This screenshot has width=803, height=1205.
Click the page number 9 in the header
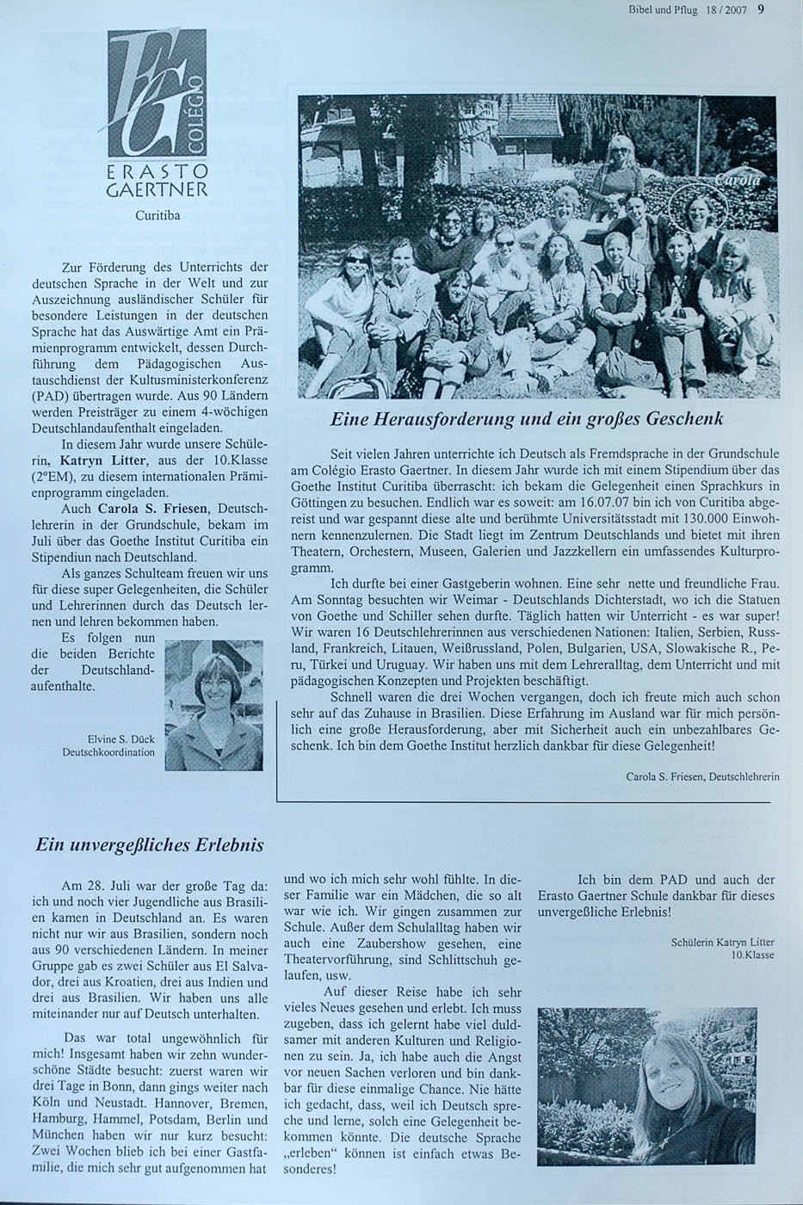pos(761,10)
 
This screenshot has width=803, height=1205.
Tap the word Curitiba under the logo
pos(157,213)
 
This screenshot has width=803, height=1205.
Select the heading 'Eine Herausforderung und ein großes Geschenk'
pos(526,419)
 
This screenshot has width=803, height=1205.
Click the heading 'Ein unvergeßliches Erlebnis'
pos(149,844)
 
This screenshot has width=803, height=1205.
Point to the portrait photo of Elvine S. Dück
pos(213,705)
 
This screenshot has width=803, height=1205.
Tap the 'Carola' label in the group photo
pos(737,179)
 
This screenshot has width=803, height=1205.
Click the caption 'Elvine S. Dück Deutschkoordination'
pos(108,745)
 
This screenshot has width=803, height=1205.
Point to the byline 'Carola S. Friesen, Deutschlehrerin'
pos(702,776)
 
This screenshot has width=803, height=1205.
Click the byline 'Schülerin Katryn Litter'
pos(722,942)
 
